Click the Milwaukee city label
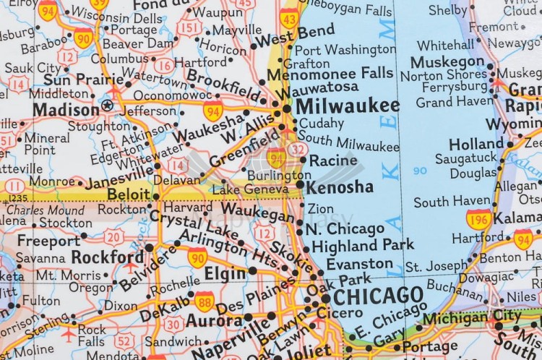coord(347,106)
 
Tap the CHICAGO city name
coord(378,296)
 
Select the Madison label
coord(66,110)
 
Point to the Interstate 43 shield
coord(290,18)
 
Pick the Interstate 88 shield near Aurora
coord(205,301)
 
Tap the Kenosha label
coord(340,187)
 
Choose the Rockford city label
coord(108,257)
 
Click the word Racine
coord(332,160)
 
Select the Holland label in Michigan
coord(476,144)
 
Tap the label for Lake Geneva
coord(245,189)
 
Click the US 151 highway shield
coord(189,28)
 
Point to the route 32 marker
coord(296,150)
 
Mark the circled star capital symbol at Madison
coord(108,106)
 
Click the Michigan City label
coord(471,317)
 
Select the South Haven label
coord(452,202)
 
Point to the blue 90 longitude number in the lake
coord(420,171)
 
